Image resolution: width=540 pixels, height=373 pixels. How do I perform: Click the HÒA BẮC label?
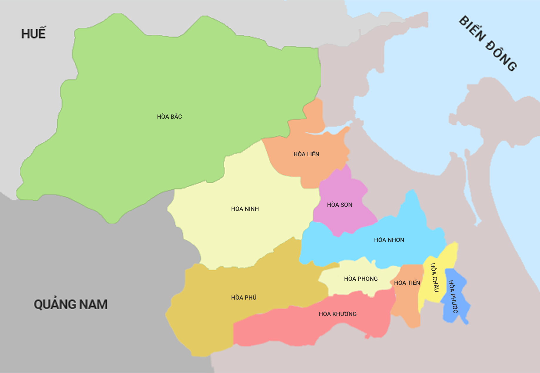169,117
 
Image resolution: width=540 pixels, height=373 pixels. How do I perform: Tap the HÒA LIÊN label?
306,154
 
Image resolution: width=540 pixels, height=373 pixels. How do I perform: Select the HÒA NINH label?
245,209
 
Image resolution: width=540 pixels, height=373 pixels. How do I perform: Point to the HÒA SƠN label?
339,205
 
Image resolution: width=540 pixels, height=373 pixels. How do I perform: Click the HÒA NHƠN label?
389,240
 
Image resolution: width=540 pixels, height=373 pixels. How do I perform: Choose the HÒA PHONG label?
361,279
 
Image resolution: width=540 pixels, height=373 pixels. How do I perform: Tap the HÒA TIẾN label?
407,283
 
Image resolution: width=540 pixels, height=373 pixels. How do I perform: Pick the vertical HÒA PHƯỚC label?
453,297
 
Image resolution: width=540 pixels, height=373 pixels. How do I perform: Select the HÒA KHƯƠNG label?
337,314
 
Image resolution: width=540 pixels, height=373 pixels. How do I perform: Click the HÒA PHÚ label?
244,298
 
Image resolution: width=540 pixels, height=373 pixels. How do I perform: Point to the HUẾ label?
33,33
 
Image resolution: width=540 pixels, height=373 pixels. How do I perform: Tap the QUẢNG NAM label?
71,304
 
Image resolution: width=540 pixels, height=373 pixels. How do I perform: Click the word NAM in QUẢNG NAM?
94,304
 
